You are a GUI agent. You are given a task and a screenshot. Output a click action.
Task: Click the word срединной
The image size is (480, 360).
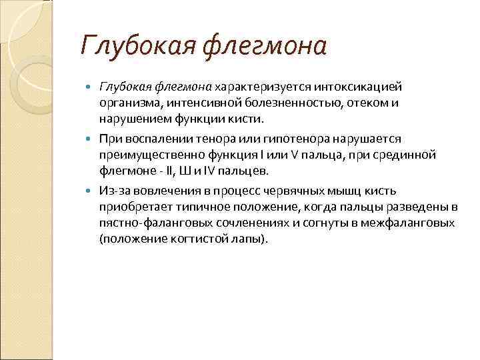click(x=409, y=155)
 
